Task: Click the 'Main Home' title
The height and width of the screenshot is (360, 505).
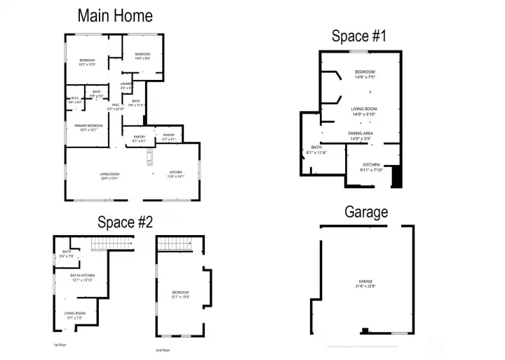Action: [x=115, y=15]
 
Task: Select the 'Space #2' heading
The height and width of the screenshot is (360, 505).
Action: [x=125, y=222]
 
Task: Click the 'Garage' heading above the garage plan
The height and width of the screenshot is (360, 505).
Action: [x=366, y=212]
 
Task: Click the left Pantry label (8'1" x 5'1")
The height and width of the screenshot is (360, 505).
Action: [x=139, y=137]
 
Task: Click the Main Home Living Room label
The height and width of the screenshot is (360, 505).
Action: [x=109, y=175]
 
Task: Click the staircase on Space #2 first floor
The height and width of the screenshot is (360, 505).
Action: [x=112, y=244]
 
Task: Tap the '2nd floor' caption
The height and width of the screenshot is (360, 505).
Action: [x=162, y=349]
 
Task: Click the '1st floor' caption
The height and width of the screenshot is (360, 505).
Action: [x=60, y=345]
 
